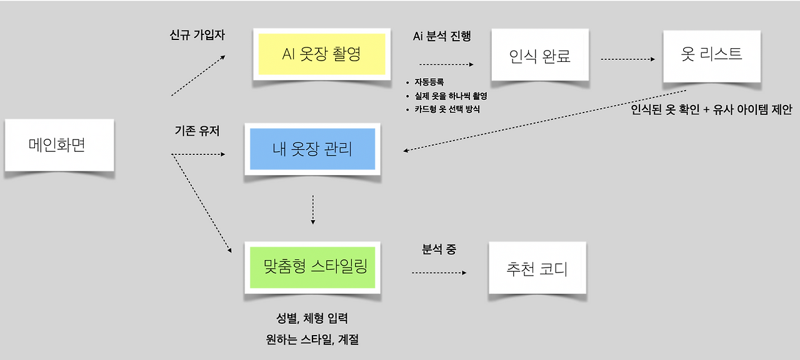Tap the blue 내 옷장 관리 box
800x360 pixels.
click(x=312, y=149)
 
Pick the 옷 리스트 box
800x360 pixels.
click(x=711, y=55)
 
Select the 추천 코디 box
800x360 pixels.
click(x=537, y=269)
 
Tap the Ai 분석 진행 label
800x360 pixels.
click(x=442, y=36)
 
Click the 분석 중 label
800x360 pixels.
click(x=439, y=249)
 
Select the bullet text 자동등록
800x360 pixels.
click(x=429, y=82)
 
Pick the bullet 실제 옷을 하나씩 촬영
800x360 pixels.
click(x=450, y=96)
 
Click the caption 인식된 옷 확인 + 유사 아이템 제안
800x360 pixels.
click(x=711, y=110)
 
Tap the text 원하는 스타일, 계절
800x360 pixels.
click(x=312, y=340)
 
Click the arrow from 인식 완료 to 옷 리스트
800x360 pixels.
click(x=627, y=59)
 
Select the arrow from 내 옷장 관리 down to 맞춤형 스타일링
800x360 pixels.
click(x=312, y=209)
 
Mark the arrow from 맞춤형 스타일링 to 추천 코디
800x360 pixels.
click(x=439, y=272)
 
